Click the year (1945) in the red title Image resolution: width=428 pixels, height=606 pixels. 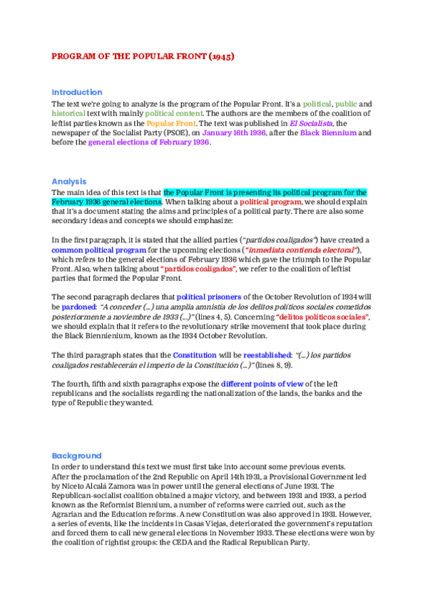pyautogui.click(x=220, y=55)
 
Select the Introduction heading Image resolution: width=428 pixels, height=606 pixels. pyautogui.click(x=76, y=92)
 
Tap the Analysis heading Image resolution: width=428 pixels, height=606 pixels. pyautogui.click(x=68, y=182)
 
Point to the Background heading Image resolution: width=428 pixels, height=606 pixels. pyautogui.click(x=76, y=456)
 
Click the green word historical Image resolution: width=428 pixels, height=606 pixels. pyautogui.click(x=68, y=114)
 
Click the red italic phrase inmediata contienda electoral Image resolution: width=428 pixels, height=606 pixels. pyautogui.click(x=302, y=250)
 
